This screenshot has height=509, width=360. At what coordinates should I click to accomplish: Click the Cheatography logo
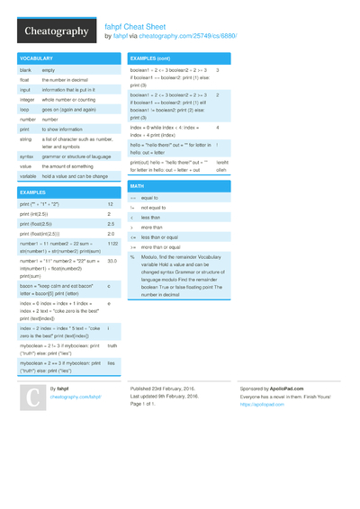click(x=55, y=31)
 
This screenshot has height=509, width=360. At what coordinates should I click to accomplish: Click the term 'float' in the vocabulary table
click(x=25, y=79)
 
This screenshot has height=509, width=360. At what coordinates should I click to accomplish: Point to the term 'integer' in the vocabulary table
click(x=28, y=99)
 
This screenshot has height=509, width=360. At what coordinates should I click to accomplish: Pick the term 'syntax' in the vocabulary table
click(x=27, y=156)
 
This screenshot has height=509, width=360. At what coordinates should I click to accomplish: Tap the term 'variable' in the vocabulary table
click(x=29, y=176)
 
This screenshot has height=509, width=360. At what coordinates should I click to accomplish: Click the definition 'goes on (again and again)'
click(x=71, y=109)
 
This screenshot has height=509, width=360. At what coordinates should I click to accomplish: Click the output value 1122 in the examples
click(x=112, y=244)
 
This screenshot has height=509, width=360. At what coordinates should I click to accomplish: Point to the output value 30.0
click(x=112, y=261)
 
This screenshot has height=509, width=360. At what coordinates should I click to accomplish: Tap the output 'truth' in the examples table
click(x=112, y=345)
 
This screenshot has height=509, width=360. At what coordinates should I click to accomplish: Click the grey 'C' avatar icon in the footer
click(x=31, y=397)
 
